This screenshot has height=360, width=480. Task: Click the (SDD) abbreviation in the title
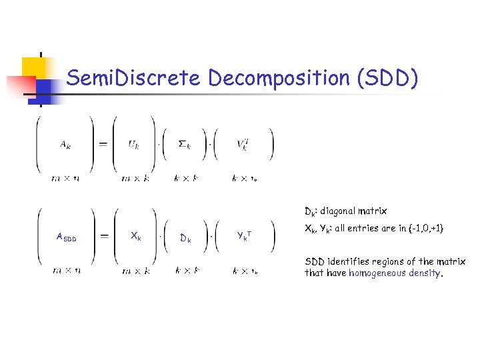click(389, 79)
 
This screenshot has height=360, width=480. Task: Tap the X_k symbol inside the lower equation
click(135, 236)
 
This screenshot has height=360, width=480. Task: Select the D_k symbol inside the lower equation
click(186, 238)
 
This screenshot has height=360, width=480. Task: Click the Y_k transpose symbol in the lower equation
click(244, 235)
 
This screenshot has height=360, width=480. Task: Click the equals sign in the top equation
click(103, 144)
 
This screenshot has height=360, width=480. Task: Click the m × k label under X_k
click(135, 271)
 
